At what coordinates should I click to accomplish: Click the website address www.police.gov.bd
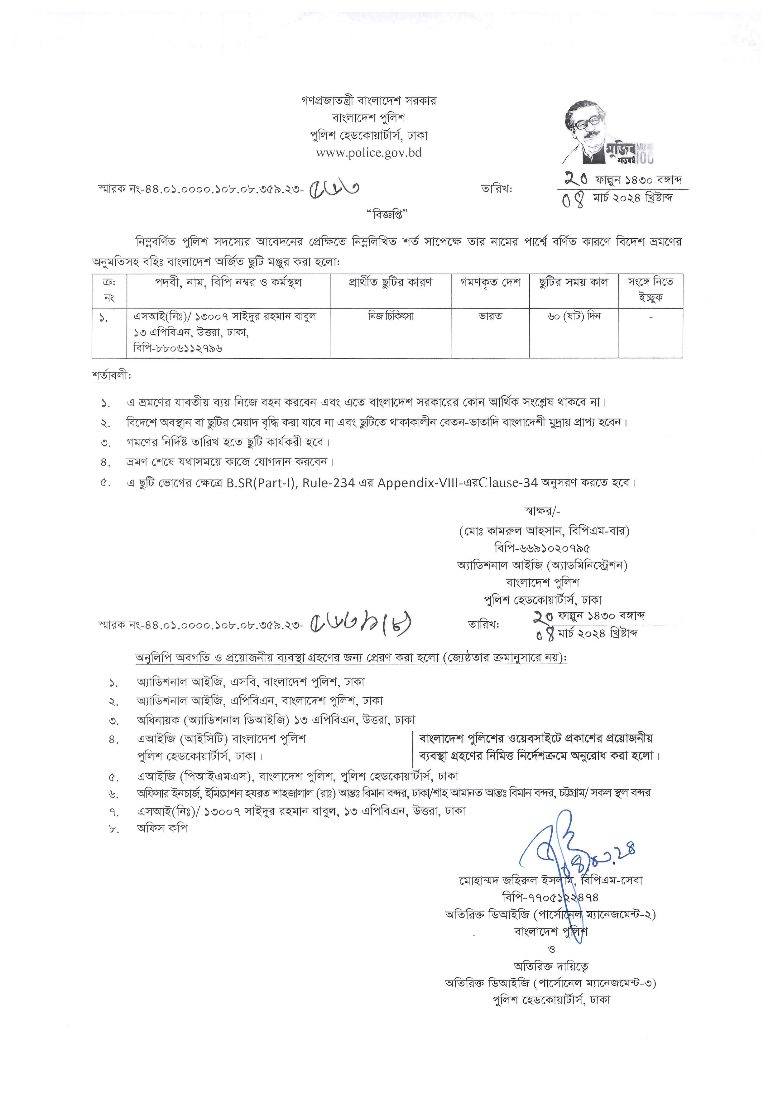click(x=369, y=153)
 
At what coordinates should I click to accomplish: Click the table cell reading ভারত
click(x=490, y=316)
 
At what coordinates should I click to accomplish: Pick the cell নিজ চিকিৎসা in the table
click(x=391, y=316)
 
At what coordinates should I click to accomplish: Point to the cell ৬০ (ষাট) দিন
click(x=574, y=316)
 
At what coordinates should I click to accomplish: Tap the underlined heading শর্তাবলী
click(x=111, y=375)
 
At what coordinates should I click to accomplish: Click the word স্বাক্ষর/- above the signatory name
click(x=542, y=512)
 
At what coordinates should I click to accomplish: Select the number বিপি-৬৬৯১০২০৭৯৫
click(x=542, y=548)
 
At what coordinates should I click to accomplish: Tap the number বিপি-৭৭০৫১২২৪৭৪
click(x=550, y=897)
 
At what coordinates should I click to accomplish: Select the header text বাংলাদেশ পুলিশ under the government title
click(x=369, y=118)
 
